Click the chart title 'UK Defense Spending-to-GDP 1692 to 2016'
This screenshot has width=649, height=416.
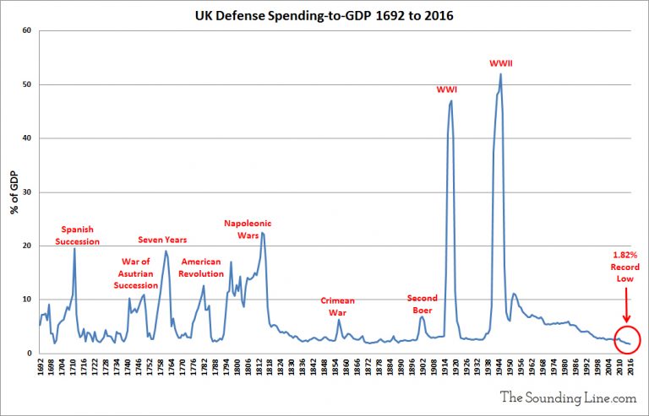tap(324, 14)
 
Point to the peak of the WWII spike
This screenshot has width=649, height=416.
tap(501, 74)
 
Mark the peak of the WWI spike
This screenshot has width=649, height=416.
tap(451, 100)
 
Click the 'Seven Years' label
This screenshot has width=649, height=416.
tap(162, 240)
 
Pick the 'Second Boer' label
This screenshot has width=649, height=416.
tap(422, 304)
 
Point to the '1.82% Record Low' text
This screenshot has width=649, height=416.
tap(625, 267)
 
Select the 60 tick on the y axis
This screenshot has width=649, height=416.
tap(26, 30)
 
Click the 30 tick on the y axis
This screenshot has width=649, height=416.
tap(26, 192)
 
